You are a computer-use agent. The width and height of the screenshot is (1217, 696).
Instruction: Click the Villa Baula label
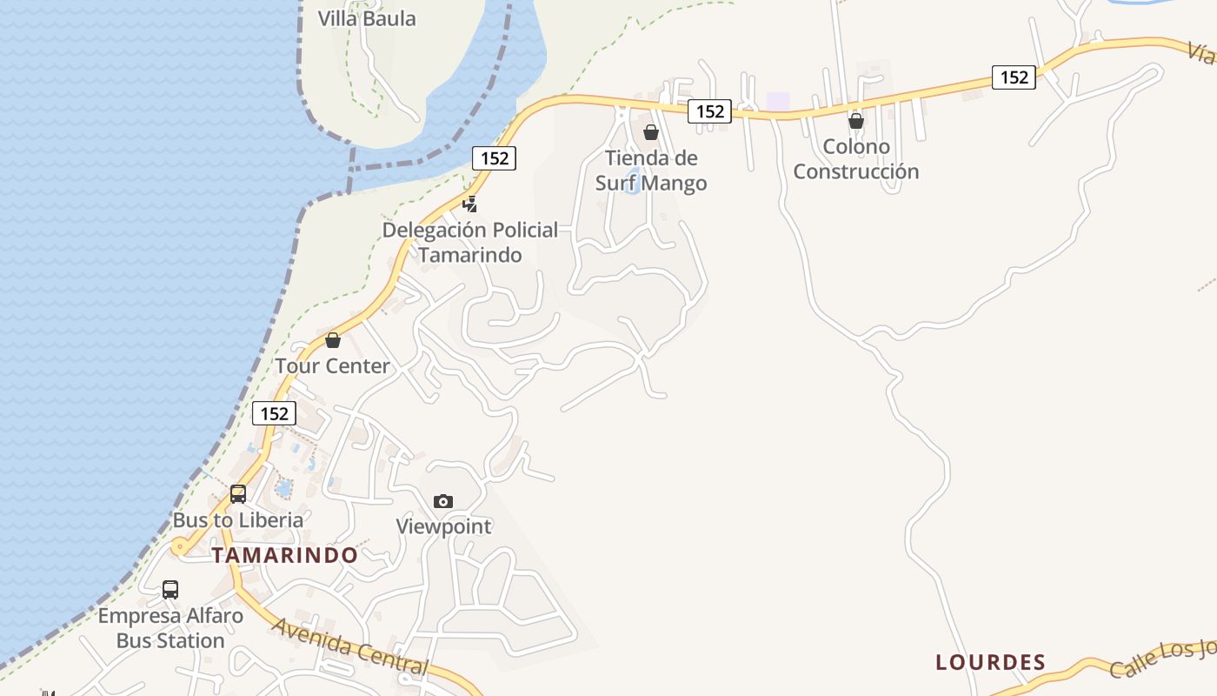pos(367,18)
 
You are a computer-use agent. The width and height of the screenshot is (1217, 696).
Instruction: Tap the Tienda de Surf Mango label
pos(651,171)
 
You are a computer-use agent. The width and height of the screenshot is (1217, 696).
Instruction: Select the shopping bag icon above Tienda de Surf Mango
pos(651,132)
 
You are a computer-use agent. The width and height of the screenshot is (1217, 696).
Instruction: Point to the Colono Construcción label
pos(855,158)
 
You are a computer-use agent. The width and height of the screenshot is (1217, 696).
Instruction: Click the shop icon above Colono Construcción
pos(856,121)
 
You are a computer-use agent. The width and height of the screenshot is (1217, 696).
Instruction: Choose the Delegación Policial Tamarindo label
pos(470,242)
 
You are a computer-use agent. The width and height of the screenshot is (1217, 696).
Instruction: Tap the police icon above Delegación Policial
pos(470,204)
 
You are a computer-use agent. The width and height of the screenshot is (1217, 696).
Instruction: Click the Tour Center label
pos(333,366)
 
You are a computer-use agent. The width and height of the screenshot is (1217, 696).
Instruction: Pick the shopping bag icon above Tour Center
pos(333,340)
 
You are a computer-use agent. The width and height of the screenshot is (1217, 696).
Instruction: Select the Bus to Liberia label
pos(238,520)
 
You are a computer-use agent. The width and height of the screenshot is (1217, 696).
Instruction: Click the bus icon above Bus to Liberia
pos(238,494)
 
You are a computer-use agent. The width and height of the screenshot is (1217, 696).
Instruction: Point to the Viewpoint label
pos(443,526)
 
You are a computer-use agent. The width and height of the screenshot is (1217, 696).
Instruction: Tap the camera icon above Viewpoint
pos(443,501)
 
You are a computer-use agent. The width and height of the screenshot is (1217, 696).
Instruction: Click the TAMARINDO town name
pos(285,555)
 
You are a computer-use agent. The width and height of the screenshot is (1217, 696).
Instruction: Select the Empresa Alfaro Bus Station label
pos(170,628)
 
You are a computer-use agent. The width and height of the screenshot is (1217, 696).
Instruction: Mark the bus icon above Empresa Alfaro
pos(170,590)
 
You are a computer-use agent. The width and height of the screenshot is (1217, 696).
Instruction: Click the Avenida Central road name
pos(350,647)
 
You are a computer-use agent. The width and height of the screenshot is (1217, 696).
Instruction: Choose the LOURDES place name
pos(990,662)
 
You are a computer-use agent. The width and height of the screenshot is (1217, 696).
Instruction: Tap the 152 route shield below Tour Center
pos(275,413)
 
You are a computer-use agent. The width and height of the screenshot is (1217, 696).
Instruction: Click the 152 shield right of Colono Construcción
pos(1014,77)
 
